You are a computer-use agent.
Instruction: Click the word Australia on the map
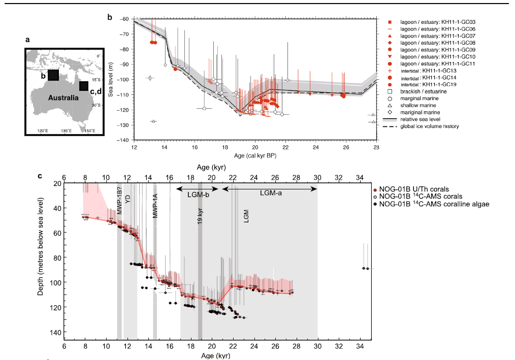click(64, 97)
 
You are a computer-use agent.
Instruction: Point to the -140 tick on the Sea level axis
click(123, 140)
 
